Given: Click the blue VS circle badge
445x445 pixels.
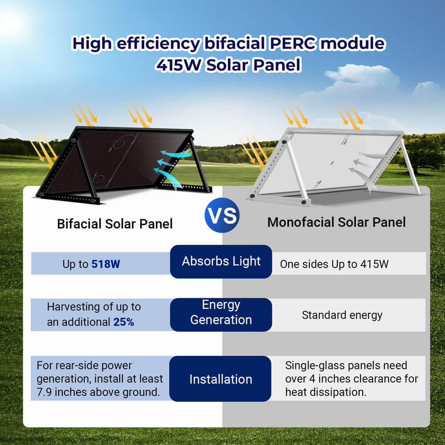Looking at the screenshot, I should tap(222, 216).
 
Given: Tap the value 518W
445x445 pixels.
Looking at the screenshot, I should tap(105, 264).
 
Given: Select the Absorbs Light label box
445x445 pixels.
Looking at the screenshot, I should tap(221, 262).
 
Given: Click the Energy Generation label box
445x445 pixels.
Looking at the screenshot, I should tap(221, 312).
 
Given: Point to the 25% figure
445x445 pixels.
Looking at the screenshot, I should tap(124, 322).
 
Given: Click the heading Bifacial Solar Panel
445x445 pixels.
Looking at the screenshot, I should tap(114, 223).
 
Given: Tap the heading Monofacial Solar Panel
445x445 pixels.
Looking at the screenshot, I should tap(336, 222).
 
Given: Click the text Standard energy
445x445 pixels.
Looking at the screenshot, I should tap(342, 315).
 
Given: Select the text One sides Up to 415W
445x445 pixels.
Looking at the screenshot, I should tap(334, 264).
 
